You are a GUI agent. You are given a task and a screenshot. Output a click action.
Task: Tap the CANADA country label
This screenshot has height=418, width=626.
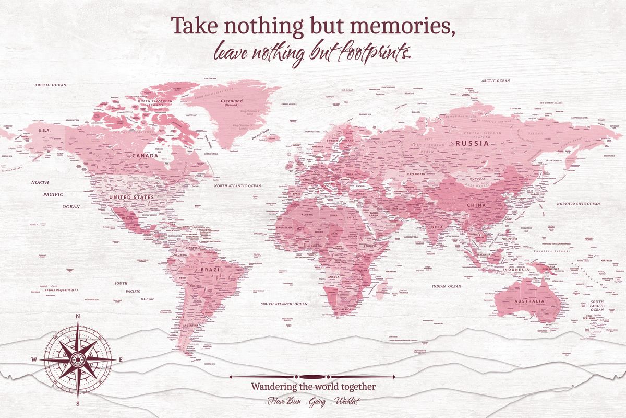point(146,156)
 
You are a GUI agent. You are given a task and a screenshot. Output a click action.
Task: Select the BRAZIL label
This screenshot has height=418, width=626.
point(212,270)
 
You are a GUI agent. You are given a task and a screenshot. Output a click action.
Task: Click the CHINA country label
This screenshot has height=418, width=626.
point(475,205)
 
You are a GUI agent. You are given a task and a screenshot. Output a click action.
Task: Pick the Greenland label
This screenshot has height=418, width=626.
point(232,101)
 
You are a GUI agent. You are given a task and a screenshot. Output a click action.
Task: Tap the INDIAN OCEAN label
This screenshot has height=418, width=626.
point(447,286)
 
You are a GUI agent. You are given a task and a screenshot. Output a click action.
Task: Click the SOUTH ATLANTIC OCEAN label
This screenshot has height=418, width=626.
point(284,304)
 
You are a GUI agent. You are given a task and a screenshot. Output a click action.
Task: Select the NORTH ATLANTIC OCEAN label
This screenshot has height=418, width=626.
point(237,186)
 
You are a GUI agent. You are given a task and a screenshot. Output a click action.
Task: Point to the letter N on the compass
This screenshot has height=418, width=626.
point(78,316)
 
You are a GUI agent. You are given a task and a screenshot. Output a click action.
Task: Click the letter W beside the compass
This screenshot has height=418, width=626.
point(34,359)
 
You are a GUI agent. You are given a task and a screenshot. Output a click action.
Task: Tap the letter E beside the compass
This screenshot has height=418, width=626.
point(121,359)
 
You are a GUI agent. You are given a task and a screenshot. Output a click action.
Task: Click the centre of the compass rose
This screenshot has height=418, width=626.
point(78,359)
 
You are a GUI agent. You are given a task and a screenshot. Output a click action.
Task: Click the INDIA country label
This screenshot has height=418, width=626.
point(436,227)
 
